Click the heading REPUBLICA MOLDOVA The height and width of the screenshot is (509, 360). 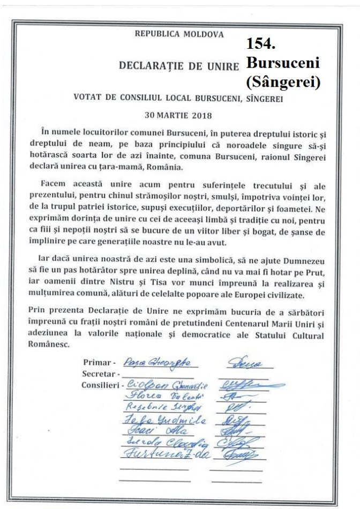coord(179,34)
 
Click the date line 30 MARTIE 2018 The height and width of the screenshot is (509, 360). coord(178,115)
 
